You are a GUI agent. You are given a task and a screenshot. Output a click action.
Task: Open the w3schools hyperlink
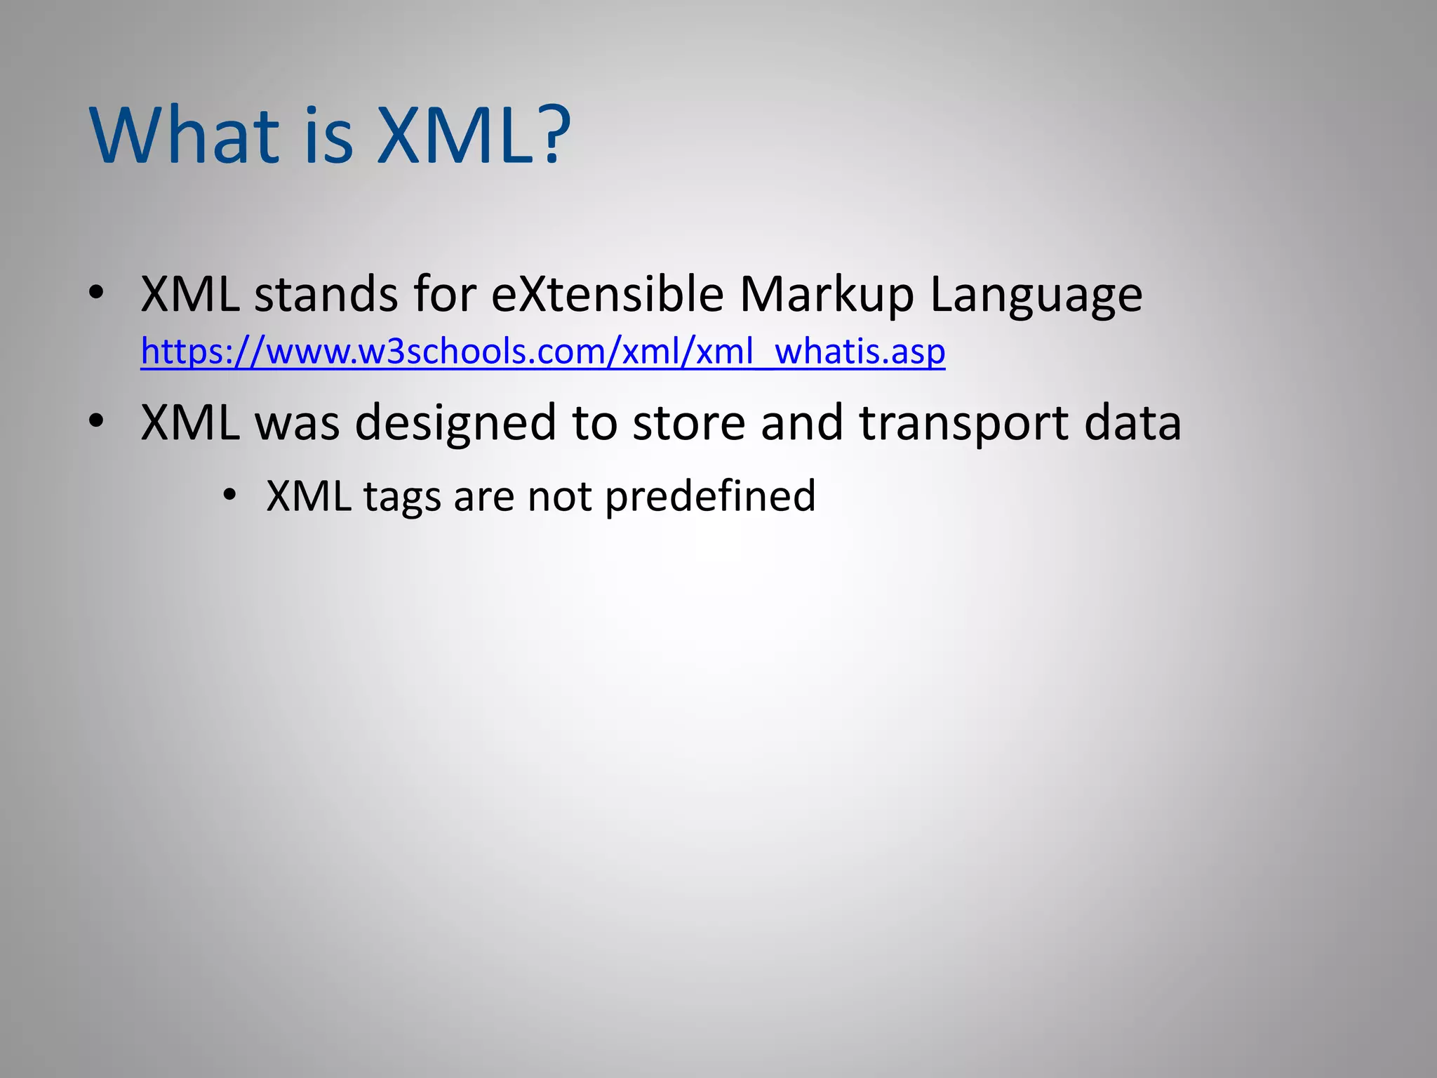(542, 351)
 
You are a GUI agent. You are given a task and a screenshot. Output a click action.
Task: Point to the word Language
(1036, 295)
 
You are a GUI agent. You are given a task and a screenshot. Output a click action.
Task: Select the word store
(688, 422)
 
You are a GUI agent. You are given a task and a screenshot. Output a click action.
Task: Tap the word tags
(402, 497)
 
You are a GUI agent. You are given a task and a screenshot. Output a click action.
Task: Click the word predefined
(710, 497)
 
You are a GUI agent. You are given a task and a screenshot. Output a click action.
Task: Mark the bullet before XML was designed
(97, 421)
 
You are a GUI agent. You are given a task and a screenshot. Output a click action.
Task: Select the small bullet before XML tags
(229, 495)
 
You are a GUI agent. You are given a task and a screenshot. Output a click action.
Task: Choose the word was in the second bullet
(297, 422)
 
